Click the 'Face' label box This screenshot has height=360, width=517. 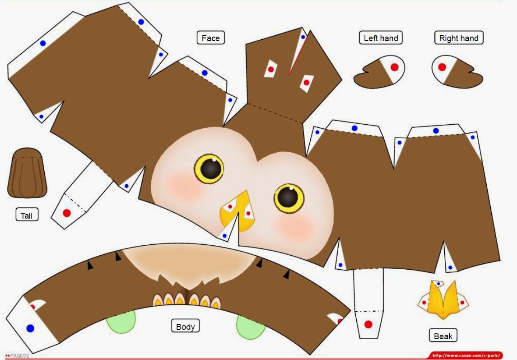click(211, 38)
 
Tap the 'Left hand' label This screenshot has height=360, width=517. click(381, 38)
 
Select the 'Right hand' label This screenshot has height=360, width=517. click(459, 38)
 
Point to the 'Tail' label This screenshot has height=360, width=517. click(27, 215)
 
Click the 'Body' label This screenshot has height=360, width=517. click(185, 326)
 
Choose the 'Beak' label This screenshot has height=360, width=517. click(443, 336)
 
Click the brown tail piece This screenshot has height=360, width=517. click(28, 173)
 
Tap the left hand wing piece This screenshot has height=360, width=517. click(379, 72)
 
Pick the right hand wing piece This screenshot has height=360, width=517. click(457, 72)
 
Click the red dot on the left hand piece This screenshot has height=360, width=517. click(394, 67)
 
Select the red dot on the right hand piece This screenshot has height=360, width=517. click(442, 67)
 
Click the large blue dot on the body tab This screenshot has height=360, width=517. click(30, 328)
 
